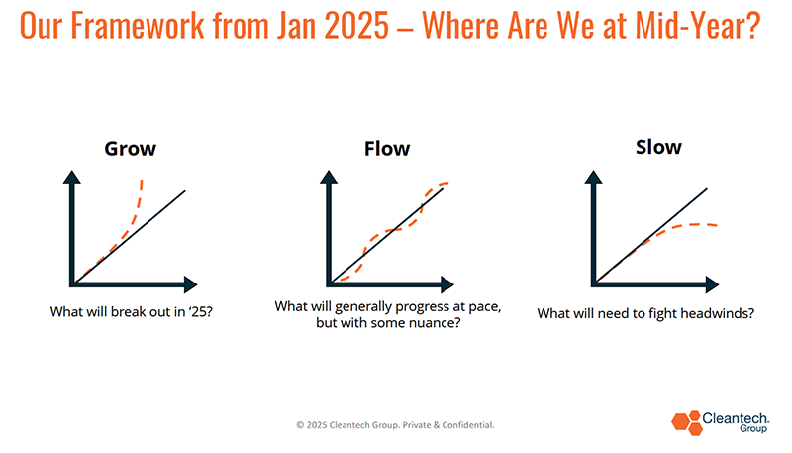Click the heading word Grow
[131, 149]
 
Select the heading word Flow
[387, 149]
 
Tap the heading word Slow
[658, 147]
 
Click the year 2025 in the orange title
[356, 25]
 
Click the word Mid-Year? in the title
[698, 25]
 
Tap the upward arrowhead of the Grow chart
[71, 177]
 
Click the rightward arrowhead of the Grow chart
[190, 284]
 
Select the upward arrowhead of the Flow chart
[329, 177]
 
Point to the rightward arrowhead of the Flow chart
[447, 284]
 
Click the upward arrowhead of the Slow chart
[593, 177]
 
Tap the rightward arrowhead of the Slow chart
[712, 284]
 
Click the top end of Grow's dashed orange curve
[142, 180]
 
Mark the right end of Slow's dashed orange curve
[716, 225]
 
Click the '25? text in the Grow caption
[201, 312]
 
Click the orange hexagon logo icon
[686, 422]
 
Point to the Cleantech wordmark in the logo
[736, 418]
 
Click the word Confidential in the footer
[467, 425]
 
